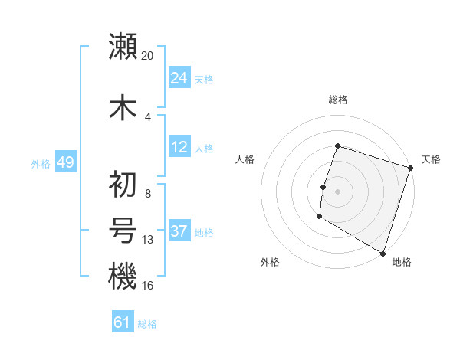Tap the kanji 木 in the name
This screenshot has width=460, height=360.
pyautogui.click(x=123, y=106)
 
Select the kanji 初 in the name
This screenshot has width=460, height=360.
pyautogui.click(x=123, y=183)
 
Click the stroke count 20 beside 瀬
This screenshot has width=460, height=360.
pyautogui.click(x=148, y=55)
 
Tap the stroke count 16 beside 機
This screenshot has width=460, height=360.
pyautogui.click(x=148, y=285)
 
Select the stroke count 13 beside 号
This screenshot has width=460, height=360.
pyautogui.click(x=148, y=240)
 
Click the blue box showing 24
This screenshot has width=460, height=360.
pyautogui.click(x=179, y=79)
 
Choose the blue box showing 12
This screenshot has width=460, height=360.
pyautogui.click(x=179, y=147)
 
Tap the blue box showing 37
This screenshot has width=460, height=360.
pyautogui.click(x=179, y=231)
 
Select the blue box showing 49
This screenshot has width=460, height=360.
pyautogui.click(x=65, y=162)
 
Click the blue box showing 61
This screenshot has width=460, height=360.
pyautogui.click(x=123, y=323)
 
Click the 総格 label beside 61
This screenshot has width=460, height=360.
pyautogui.click(x=147, y=324)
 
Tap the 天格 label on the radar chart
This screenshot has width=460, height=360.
pyautogui.click(x=431, y=159)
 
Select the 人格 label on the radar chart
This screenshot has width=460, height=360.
pyautogui.click(x=245, y=159)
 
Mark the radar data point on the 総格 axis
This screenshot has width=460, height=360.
pyautogui.click(x=337, y=146)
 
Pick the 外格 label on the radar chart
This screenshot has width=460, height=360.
pyautogui.click(x=270, y=262)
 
